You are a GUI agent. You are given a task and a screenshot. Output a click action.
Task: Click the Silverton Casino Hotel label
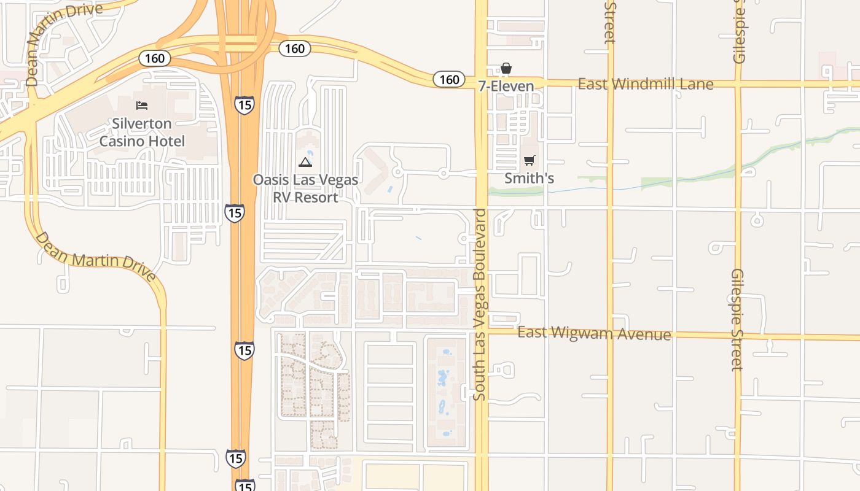[x=142, y=133]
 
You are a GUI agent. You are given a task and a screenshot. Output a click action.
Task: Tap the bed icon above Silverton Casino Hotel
[x=142, y=105]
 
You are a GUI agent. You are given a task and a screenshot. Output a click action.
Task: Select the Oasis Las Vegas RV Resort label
[x=305, y=189]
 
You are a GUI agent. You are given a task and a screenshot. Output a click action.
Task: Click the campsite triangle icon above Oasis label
[x=305, y=162]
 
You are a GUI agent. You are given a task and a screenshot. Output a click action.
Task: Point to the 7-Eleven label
[x=506, y=86]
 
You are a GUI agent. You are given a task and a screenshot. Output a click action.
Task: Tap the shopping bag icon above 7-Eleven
[x=506, y=68]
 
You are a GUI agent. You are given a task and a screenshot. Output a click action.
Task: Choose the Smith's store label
[x=529, y=179]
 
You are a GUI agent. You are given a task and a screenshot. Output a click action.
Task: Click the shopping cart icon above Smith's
[x=529, y=161]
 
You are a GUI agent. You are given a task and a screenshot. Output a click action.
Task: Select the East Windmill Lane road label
[x=646, y=84]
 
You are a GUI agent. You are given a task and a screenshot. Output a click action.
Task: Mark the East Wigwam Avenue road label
[x=594, y=333]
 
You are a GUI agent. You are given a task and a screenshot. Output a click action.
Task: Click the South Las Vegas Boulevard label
[x=480, y=305]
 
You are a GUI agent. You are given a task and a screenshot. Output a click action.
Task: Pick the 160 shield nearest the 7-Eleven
[x=449, y=79]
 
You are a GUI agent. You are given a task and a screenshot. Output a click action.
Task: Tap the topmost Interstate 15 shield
[x=244, y=104]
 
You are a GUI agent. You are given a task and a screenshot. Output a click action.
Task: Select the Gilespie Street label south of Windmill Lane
[x=738, y=320]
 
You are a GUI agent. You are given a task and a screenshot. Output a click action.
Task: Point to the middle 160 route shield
[x=295, y=48]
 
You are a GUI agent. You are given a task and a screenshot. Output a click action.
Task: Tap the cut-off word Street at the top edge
[x=609, y=22]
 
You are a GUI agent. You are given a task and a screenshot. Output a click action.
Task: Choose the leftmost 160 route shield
[x=155, y=58]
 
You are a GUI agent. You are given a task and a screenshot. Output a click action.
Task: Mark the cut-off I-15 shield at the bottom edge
[x=244, y=485]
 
